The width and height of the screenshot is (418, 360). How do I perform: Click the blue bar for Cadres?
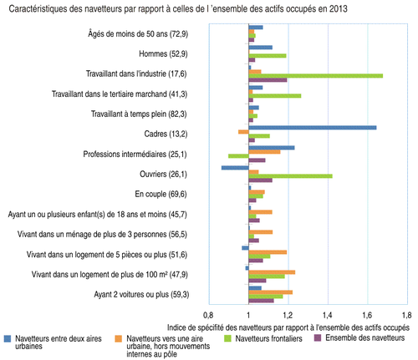[313, 128]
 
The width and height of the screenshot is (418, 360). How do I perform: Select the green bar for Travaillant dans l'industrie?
[316, 76]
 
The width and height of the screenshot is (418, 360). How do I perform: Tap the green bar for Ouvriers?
[290, 176]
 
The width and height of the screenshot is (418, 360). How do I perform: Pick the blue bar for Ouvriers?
[235, 168]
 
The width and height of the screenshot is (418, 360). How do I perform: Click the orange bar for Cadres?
[243, 132]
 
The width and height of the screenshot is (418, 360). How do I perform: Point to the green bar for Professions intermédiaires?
[238, 156]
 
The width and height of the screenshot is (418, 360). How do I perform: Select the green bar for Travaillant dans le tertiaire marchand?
[275, 96]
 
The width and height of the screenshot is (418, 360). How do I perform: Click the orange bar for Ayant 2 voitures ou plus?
[271, 292]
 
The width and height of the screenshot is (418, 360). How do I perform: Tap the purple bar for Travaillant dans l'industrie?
[268, 80]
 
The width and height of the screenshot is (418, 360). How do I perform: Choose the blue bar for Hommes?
[261, 48]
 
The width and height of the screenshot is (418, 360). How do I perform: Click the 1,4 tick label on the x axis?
[328, 315]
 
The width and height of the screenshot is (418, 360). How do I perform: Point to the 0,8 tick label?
[208, 315]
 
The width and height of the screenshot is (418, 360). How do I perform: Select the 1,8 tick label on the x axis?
[407, 315]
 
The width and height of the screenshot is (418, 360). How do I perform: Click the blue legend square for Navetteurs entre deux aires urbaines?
[8, 338]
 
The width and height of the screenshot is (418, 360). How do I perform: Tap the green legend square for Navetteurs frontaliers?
[228, 338]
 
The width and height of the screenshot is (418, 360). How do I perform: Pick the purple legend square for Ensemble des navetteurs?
[318, 337]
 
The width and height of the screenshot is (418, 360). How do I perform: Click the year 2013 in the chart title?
[338, 9]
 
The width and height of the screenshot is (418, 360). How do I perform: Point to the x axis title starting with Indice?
[288, 327]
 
